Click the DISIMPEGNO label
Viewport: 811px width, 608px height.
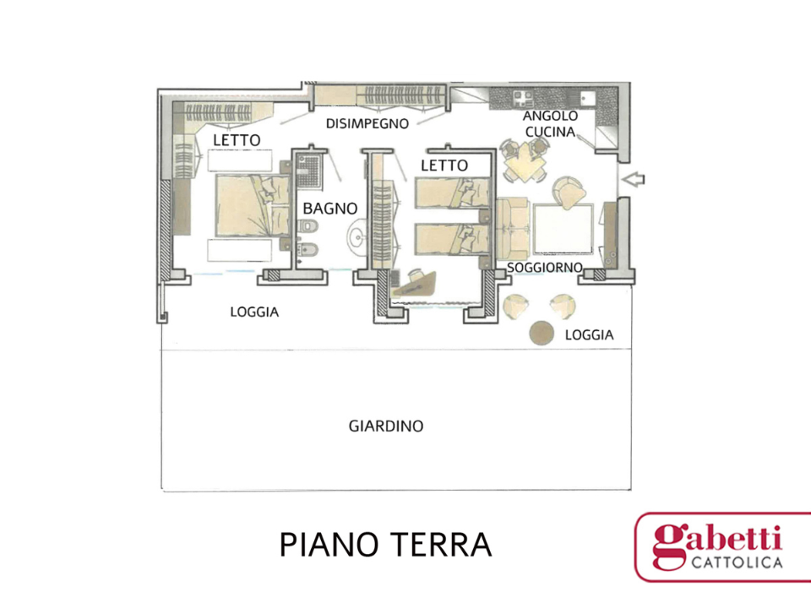tap(367, 123)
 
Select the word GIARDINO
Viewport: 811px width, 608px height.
tap(386, 426)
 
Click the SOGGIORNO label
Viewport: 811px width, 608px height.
tap(545, 267)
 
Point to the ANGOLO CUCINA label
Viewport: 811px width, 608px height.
tap(550, 123)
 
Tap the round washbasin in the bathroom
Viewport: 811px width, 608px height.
tap(358, 238)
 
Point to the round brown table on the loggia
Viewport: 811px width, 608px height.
tap(541, 334)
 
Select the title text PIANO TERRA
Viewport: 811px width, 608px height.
tap(385, 545)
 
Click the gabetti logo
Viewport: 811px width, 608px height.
tap(721, 546)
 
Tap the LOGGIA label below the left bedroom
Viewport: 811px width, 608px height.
tap(254, 312)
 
